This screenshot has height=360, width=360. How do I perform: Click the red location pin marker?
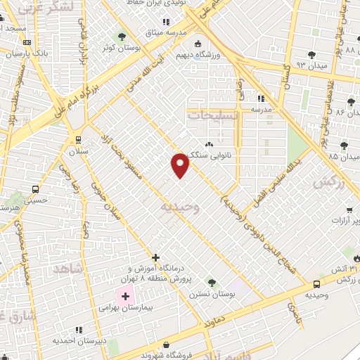(181, 166)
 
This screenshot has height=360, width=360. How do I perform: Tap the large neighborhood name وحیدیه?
(181, 207)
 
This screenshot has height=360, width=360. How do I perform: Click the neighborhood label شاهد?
(68, 269)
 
